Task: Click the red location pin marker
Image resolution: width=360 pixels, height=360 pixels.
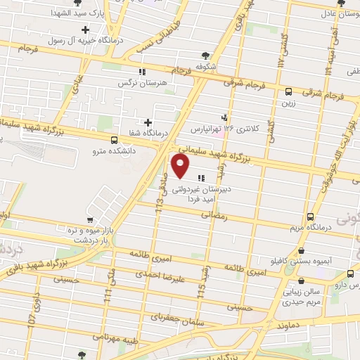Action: (181, 166)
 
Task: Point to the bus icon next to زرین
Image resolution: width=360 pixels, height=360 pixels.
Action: (288, 91)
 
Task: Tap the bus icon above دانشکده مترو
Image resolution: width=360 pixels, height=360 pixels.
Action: (115, 139)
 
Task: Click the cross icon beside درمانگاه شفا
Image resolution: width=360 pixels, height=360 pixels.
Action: (147, 122)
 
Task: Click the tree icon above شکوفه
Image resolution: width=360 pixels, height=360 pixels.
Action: (205, 56)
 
